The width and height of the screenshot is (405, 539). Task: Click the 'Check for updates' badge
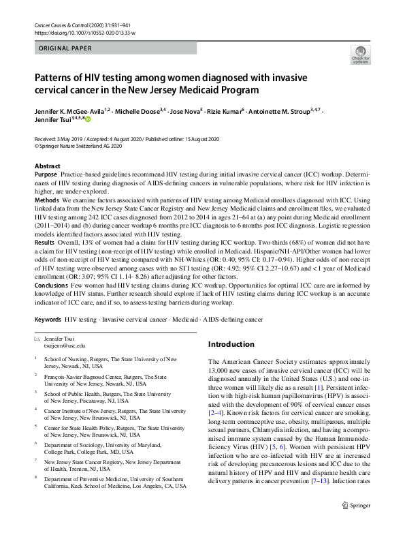tap(360, 54)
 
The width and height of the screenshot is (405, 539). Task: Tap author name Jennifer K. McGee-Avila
tap(71, 110)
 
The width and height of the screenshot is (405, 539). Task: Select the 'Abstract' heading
tap(46, 166)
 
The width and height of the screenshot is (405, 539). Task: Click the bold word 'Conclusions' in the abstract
tap(52, 286)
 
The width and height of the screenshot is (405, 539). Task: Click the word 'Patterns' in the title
tap(55, 78)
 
